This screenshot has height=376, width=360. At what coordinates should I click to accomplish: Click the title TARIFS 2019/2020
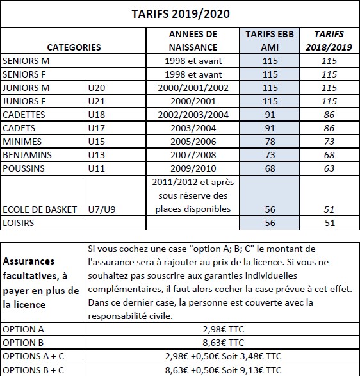pos(180,13)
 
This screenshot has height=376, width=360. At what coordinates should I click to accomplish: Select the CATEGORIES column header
pos(74,47)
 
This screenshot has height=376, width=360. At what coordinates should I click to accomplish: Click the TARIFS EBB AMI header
pos(270,40)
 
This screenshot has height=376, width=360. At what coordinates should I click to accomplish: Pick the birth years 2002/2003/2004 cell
pos(193,115)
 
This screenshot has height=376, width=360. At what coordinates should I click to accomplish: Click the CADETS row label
pos(20,129)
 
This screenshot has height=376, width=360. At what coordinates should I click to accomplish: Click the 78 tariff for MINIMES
pos(270,142)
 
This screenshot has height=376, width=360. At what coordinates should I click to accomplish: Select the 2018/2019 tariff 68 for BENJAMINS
pos(329,156)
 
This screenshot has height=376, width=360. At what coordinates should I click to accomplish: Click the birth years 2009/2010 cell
pos(193,169)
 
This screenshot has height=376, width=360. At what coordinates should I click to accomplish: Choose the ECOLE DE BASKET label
pos(40,209)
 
